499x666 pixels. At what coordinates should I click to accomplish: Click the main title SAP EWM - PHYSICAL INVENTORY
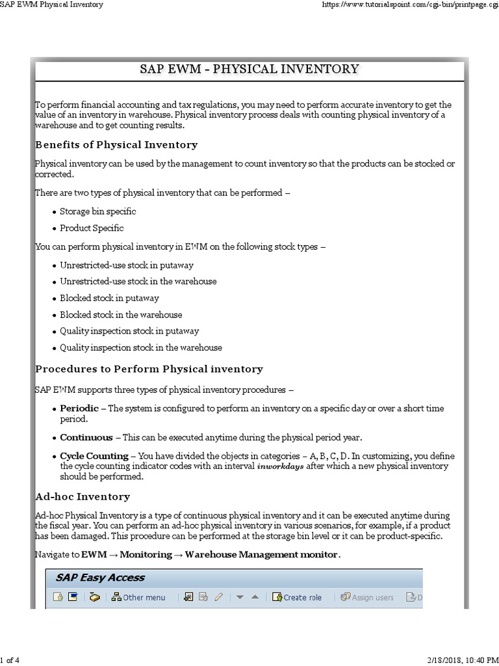249,69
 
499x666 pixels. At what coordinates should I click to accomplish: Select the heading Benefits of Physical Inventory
116,144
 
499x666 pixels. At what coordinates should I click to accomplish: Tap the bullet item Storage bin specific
98,211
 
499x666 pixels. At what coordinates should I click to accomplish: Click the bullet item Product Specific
92,228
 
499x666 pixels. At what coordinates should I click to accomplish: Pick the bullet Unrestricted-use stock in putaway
127,265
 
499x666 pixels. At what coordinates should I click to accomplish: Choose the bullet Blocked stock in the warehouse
121,315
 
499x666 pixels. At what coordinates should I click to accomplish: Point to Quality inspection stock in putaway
129,331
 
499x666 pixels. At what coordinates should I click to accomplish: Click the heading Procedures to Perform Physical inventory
149,369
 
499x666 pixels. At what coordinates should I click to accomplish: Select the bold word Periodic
79,408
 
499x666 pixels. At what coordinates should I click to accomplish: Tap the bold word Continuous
86,437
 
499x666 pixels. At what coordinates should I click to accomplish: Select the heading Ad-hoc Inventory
83,496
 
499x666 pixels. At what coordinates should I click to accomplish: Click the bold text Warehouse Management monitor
261,554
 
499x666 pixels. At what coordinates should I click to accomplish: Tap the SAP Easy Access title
100,578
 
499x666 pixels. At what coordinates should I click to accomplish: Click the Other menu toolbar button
138,597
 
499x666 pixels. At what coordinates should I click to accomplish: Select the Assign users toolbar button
367,597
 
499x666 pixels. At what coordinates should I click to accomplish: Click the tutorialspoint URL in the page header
410,5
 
